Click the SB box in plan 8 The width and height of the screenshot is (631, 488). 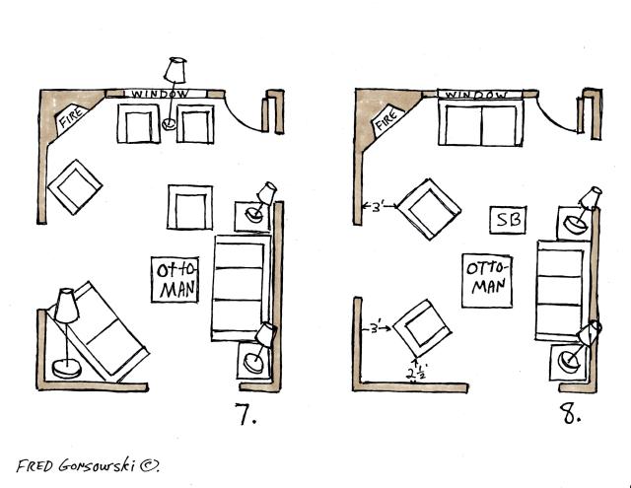tap(508, 220)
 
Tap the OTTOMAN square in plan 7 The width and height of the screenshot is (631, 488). tap(175, 280)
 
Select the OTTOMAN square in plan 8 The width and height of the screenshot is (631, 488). tap(487, 281)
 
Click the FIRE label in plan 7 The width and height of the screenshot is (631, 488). tap(72, 116)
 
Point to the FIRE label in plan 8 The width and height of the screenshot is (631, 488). tap(387, 117)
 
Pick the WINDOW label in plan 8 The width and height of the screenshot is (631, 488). tap(477, 95)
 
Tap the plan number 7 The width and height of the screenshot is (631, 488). tap(245, 414)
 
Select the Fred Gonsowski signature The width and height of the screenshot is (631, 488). tap(88, 466)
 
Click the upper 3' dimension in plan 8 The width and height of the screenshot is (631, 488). tap(379, 208)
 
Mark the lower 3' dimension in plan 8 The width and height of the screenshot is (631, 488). tap(377, 328)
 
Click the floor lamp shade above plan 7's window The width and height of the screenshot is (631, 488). tap(175, 70)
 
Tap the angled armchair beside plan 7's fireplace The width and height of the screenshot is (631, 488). tap(75, 187)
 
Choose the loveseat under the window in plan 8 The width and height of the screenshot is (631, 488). tap(481, 122)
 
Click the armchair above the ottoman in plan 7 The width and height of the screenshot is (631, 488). tap(190, 208)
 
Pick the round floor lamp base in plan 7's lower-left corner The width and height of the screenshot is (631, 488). tap(67, 369)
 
